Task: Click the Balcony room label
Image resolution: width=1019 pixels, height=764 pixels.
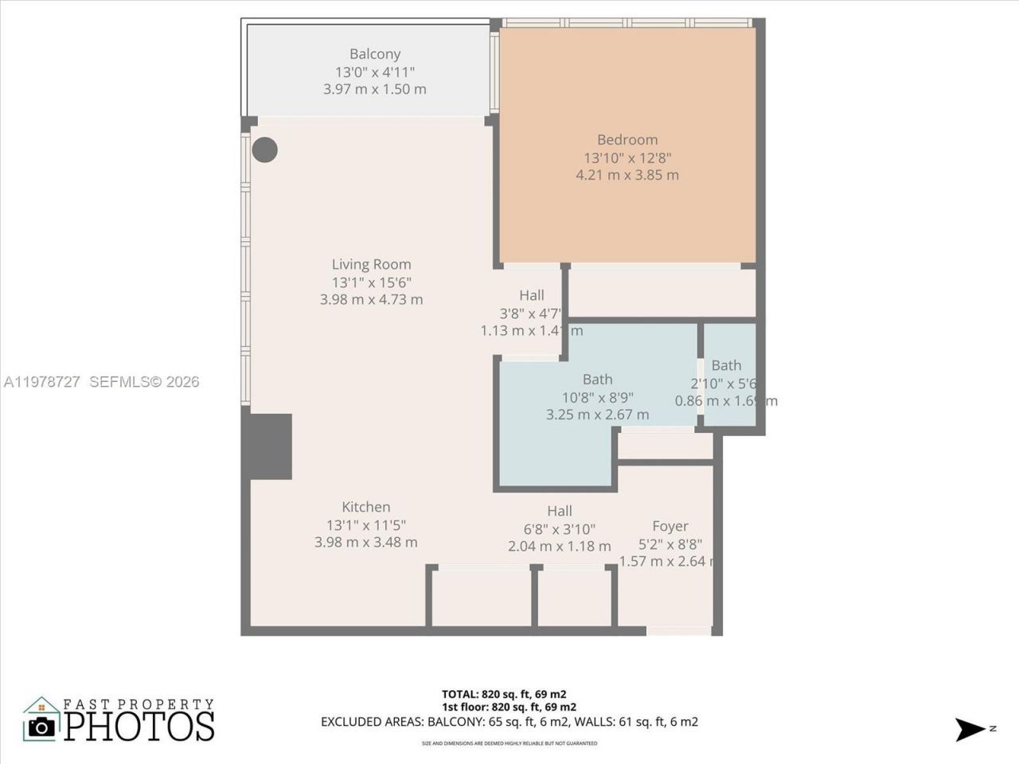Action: pyautogui.click(x=374, y=54)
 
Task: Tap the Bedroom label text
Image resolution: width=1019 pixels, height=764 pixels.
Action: pyautogui.click(x=627, y=139)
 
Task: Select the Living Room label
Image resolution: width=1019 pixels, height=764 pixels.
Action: pyautogui.click(x=371, y=264)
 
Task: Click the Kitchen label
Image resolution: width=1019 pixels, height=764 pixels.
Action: pyautogui.click(x=365, y=507)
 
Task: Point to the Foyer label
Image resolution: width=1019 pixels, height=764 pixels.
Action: pyautogui.click(x=670, y=526)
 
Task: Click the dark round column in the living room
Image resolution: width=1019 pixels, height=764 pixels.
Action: pyautogui.click(x=265, y=150)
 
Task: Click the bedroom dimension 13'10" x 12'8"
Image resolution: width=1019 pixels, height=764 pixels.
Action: pyautogui.click(x=627, y=158)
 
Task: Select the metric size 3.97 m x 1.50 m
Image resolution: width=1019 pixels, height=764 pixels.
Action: pyautogui.click(x=374, y=89)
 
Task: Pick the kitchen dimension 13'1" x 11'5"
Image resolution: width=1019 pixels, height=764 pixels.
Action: pyautogui.click(x=365, y=524)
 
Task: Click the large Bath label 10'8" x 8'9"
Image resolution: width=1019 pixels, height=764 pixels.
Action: pyautogui.click(x=597, y=397)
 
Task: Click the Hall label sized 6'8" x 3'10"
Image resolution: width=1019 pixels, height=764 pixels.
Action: pyautogui.click(x=559, y=529)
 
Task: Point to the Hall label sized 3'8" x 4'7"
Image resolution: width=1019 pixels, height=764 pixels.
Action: pyautogui.click(x=531, y=313)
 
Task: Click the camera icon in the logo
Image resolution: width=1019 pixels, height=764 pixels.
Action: pyautogui.click(x=41, y=726)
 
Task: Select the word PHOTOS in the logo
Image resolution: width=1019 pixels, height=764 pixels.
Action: pyautogui.click(x=139, y=726)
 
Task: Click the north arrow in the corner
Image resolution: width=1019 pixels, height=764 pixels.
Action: pyautogui.click(x=971, y=729)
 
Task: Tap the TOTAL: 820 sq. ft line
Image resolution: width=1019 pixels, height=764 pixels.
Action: pyautogui.click(x=504, y=694)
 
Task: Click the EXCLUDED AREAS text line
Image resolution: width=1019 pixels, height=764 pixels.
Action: pyautogui.click(x=509, y=722)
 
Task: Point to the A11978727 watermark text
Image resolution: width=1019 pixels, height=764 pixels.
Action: pyautogui.click(x=41, y=382)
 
